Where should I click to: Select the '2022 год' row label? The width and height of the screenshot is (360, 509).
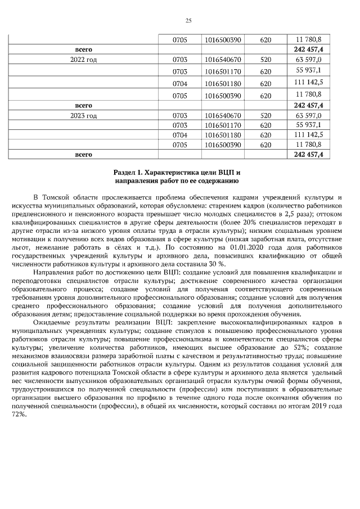click(84, 59)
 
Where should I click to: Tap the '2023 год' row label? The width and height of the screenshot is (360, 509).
click(84, 116)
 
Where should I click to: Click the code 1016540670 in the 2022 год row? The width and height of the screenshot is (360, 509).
click(223, 59)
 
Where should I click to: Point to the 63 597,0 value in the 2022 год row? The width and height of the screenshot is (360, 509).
click(308, 59)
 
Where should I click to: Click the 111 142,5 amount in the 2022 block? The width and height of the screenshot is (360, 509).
click(308, 83)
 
